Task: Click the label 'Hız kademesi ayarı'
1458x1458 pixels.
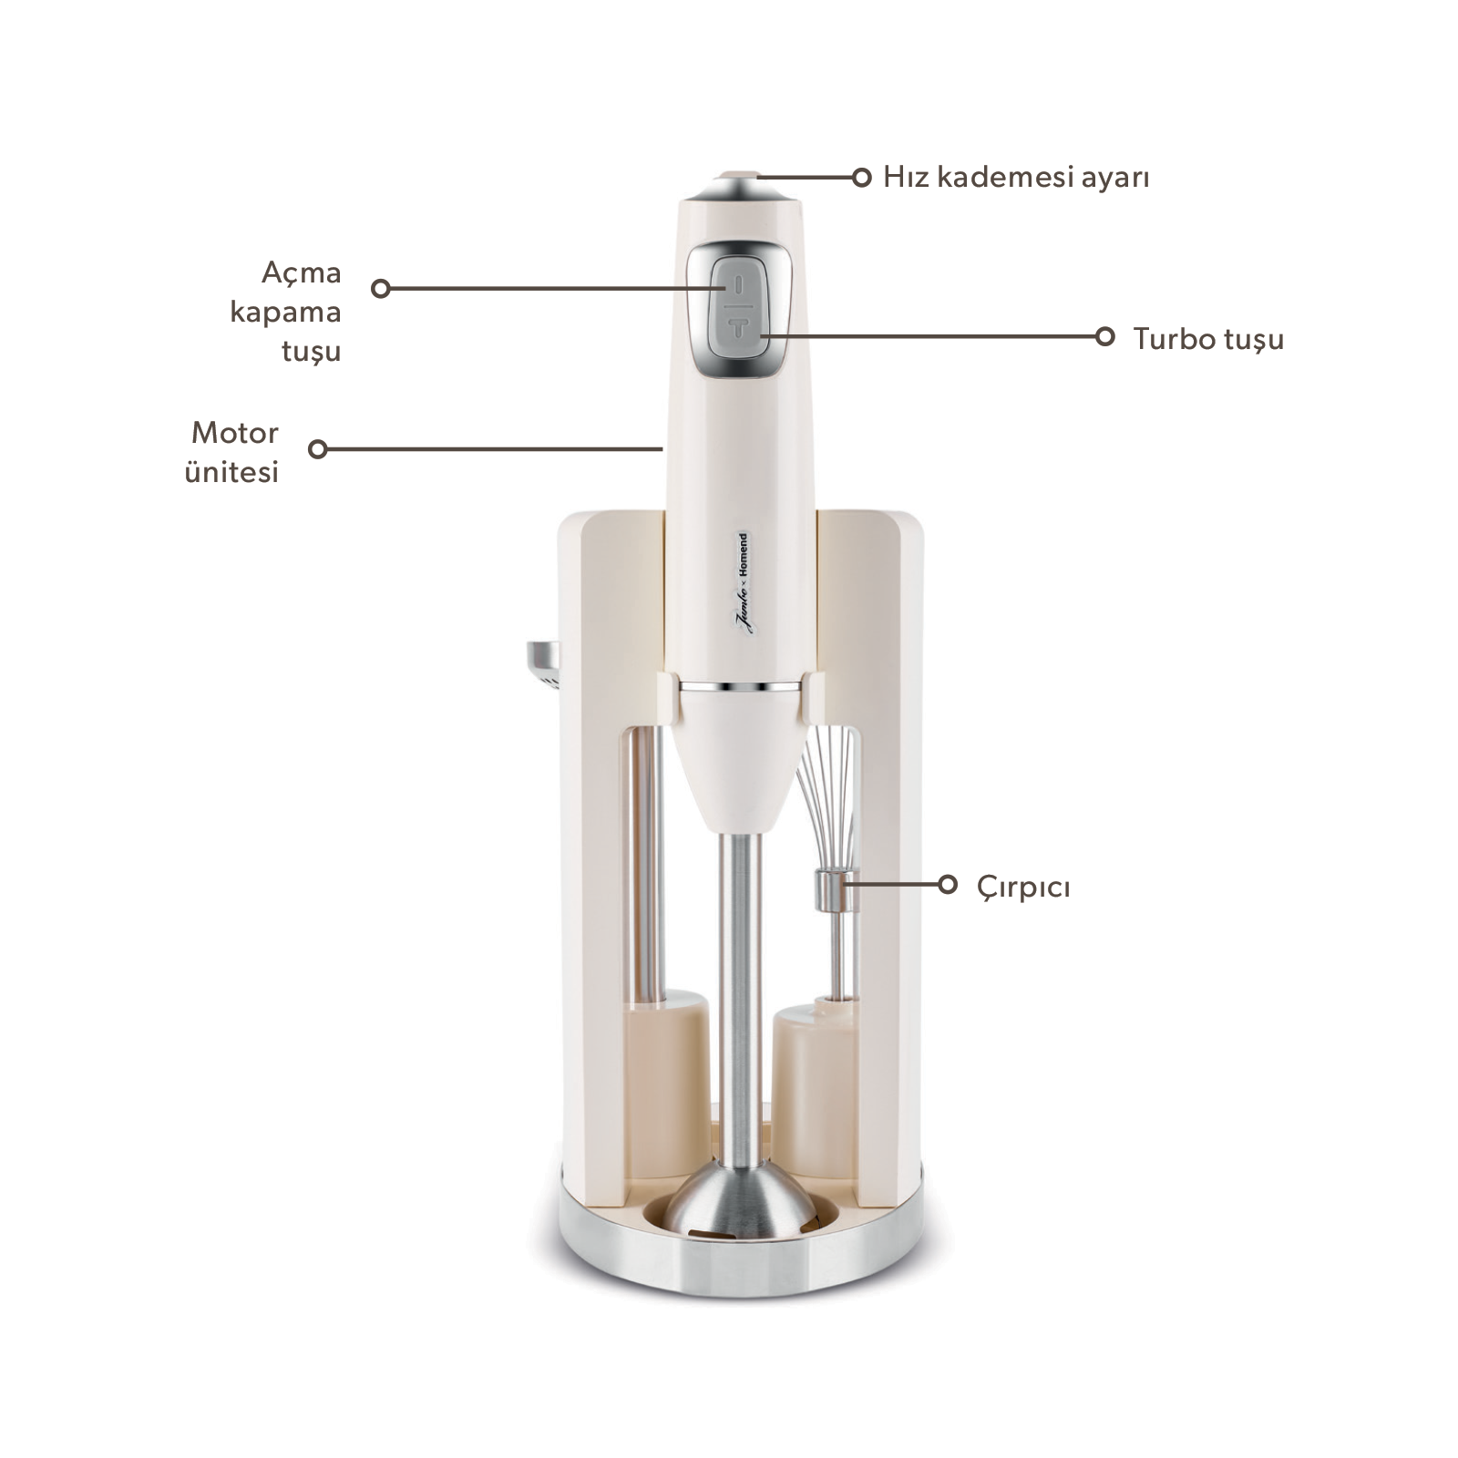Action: coord(1016,177)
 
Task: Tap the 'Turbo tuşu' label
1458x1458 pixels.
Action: coord(1208,339)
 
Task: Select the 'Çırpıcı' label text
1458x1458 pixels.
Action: coord(1023,887)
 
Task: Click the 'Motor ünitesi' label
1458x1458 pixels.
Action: coord(232,452)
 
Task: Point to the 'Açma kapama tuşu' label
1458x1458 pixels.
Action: coord(286,312)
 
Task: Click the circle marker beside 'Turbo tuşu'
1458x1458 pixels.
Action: coord(1105,336)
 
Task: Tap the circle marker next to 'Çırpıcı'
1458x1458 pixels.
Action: coord(948,884)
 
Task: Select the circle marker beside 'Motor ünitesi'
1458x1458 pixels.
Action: coord(318,448)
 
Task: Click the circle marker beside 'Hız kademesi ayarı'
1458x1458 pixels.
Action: coord(861,177)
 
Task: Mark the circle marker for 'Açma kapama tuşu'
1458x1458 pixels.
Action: coord(381,289)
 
